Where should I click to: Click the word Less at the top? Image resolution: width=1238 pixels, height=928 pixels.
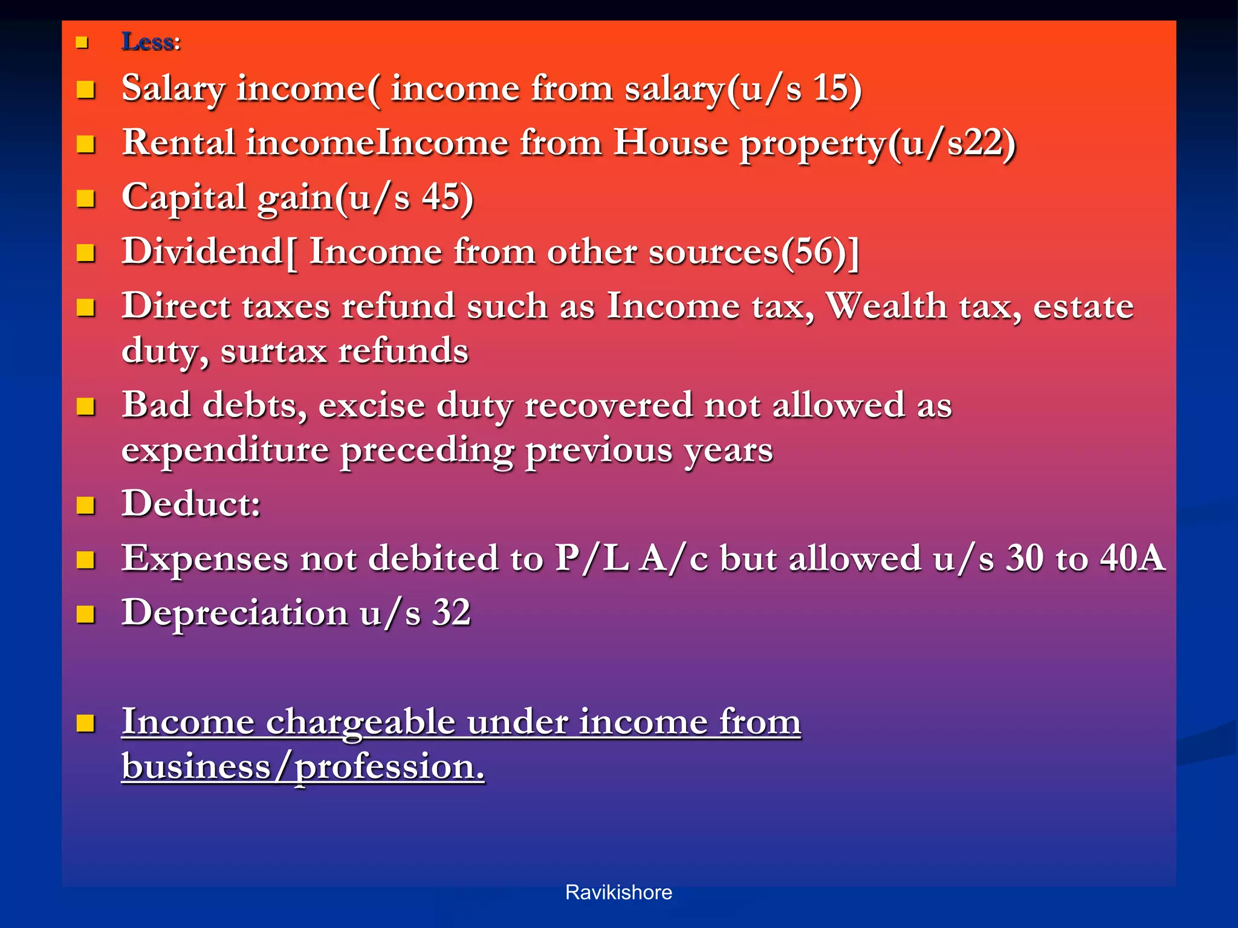(x=147, y=42)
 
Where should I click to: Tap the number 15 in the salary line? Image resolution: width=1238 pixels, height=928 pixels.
(x=831, y=88)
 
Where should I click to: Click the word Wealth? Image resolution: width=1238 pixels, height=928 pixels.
(x=887, y=306)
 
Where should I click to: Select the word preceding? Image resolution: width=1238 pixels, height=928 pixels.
(x=426, y=450)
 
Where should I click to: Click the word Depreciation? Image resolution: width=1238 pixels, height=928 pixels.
(x=235, y=613)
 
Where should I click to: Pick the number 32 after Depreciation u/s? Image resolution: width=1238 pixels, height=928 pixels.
(x=451, y=613)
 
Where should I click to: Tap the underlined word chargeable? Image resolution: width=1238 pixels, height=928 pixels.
(x=360, y=721)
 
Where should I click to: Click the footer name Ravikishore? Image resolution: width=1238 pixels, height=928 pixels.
(x=618, y=892)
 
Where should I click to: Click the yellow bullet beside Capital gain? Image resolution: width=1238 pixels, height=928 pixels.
(x=86, y=199)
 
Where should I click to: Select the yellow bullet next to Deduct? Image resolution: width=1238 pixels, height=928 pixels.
(x=86, y=505)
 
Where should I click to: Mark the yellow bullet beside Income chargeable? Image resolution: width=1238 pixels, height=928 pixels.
(x=86, y=723)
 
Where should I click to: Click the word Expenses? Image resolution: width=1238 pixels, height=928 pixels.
(x=205, y=558)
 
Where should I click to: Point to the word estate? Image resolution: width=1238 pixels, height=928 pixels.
(x=1083, y=306)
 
